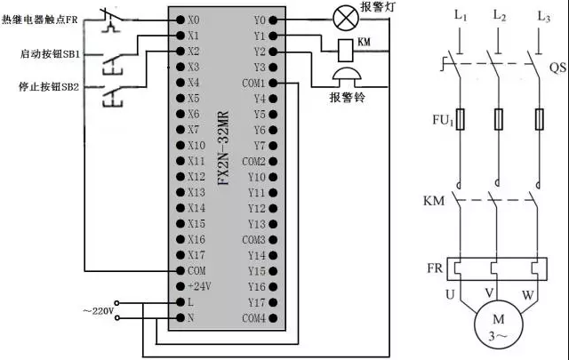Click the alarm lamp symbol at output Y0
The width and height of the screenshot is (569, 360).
point(342,18)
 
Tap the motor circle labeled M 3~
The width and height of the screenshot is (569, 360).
point(496,324)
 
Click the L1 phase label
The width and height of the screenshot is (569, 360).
point(460,16)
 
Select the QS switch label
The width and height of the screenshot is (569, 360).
point(557,68)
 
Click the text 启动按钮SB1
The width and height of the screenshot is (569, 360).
point(50,54)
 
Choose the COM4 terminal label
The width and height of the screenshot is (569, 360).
point(254,317)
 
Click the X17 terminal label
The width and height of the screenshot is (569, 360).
point(196,254)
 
